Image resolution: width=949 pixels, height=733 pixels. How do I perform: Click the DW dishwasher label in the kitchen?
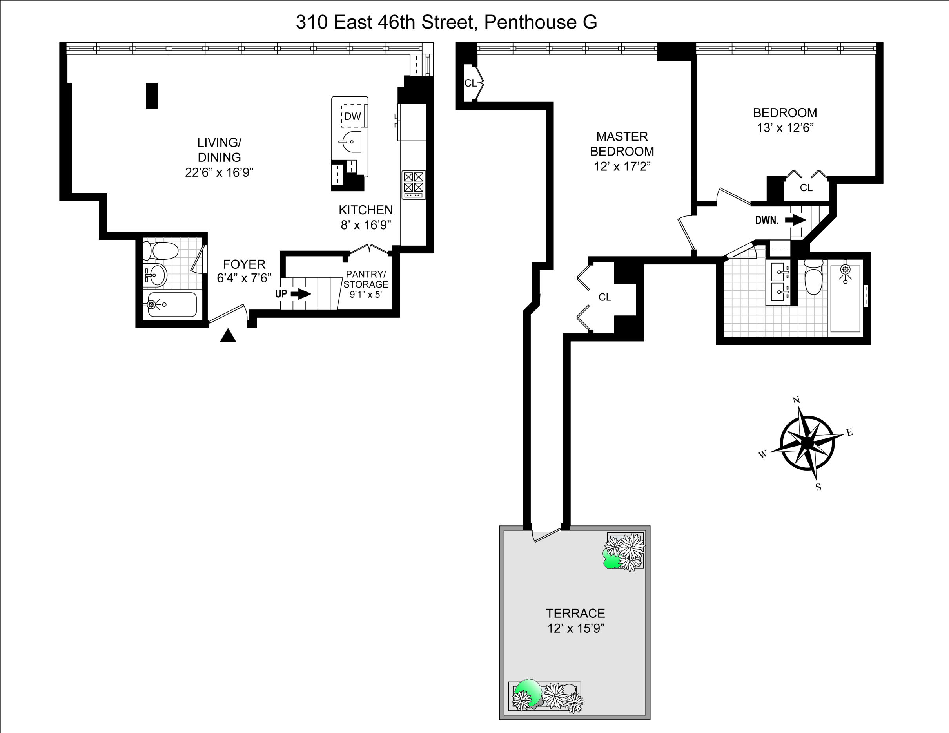pos(352,116)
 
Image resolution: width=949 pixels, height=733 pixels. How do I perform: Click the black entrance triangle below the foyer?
pos(228,336)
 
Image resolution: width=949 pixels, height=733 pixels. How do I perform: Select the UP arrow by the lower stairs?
pos(301,294)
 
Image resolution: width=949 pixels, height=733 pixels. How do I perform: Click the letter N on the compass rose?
pos(797,400)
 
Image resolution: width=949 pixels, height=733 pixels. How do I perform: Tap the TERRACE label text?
pos(575,613)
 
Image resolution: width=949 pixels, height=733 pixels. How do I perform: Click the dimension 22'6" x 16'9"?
pos(219,172)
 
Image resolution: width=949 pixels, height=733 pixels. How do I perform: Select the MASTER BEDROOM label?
pos(622,144)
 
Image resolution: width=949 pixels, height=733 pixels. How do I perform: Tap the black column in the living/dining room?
pos(152,96)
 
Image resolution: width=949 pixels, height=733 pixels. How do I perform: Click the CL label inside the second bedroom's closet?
pos(806,188)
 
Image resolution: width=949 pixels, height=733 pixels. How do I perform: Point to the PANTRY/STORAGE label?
pos(365,279)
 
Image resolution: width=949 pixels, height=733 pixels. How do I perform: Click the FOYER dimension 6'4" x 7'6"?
pos(244,278)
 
